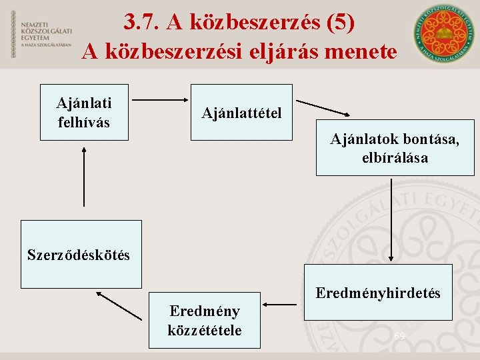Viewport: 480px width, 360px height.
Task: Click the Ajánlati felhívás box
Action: pyautogui.click(x=84, y=112)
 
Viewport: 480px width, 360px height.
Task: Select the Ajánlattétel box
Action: pyautogui.click(x=241, y=112)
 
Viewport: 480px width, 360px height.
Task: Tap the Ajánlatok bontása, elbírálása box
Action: pyautogui.click(x=395, y=148)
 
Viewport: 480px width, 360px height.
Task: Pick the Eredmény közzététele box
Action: pyautogui.click(x=205, y=320)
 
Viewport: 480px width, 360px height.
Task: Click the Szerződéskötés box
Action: pyautogui.click(x=81, y=254)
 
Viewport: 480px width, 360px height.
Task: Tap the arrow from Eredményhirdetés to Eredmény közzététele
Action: pyautogui.click(x=280, y=305)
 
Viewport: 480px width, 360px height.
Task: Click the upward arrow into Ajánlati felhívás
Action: pyautogui.click(x=84, y=176)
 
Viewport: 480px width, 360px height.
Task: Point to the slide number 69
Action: pyautogui.click(x=399, y=337)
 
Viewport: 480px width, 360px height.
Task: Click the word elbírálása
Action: pyautogui.click(x=395, y=158)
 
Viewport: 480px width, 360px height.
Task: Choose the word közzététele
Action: pyautogui.click(x=205, y=330)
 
